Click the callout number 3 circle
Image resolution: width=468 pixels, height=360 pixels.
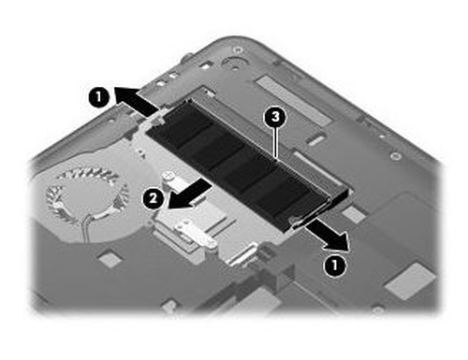click(273, 119)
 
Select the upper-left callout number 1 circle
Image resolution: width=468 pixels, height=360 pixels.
click(96, 94)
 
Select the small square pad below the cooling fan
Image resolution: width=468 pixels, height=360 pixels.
click(110, 259)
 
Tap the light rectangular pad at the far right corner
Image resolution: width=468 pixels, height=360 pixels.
click(409, 279)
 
